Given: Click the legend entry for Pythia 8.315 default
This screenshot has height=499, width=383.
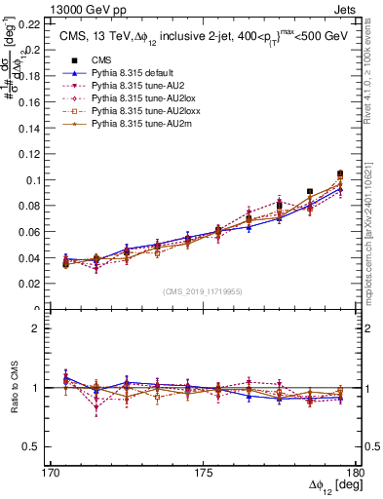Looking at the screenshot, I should coord(125,73).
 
